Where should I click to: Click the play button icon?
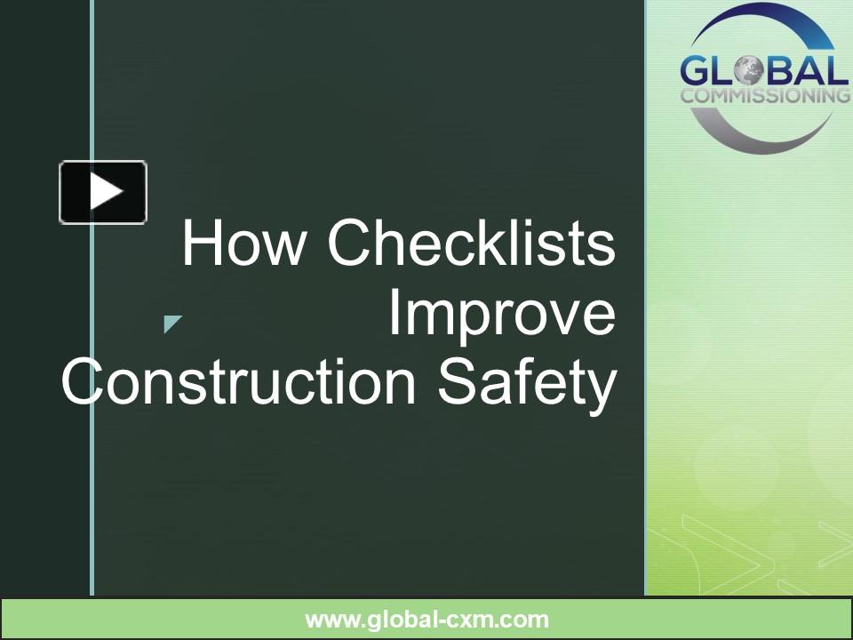point(103,192)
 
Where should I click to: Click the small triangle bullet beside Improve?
point(171,324)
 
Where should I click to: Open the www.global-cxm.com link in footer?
point(426,620)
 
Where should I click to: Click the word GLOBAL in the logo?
point(763,72)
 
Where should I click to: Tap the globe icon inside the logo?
point(750,72)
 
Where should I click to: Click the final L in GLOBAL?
point(837,72)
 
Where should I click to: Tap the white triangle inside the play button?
point(106,192)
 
